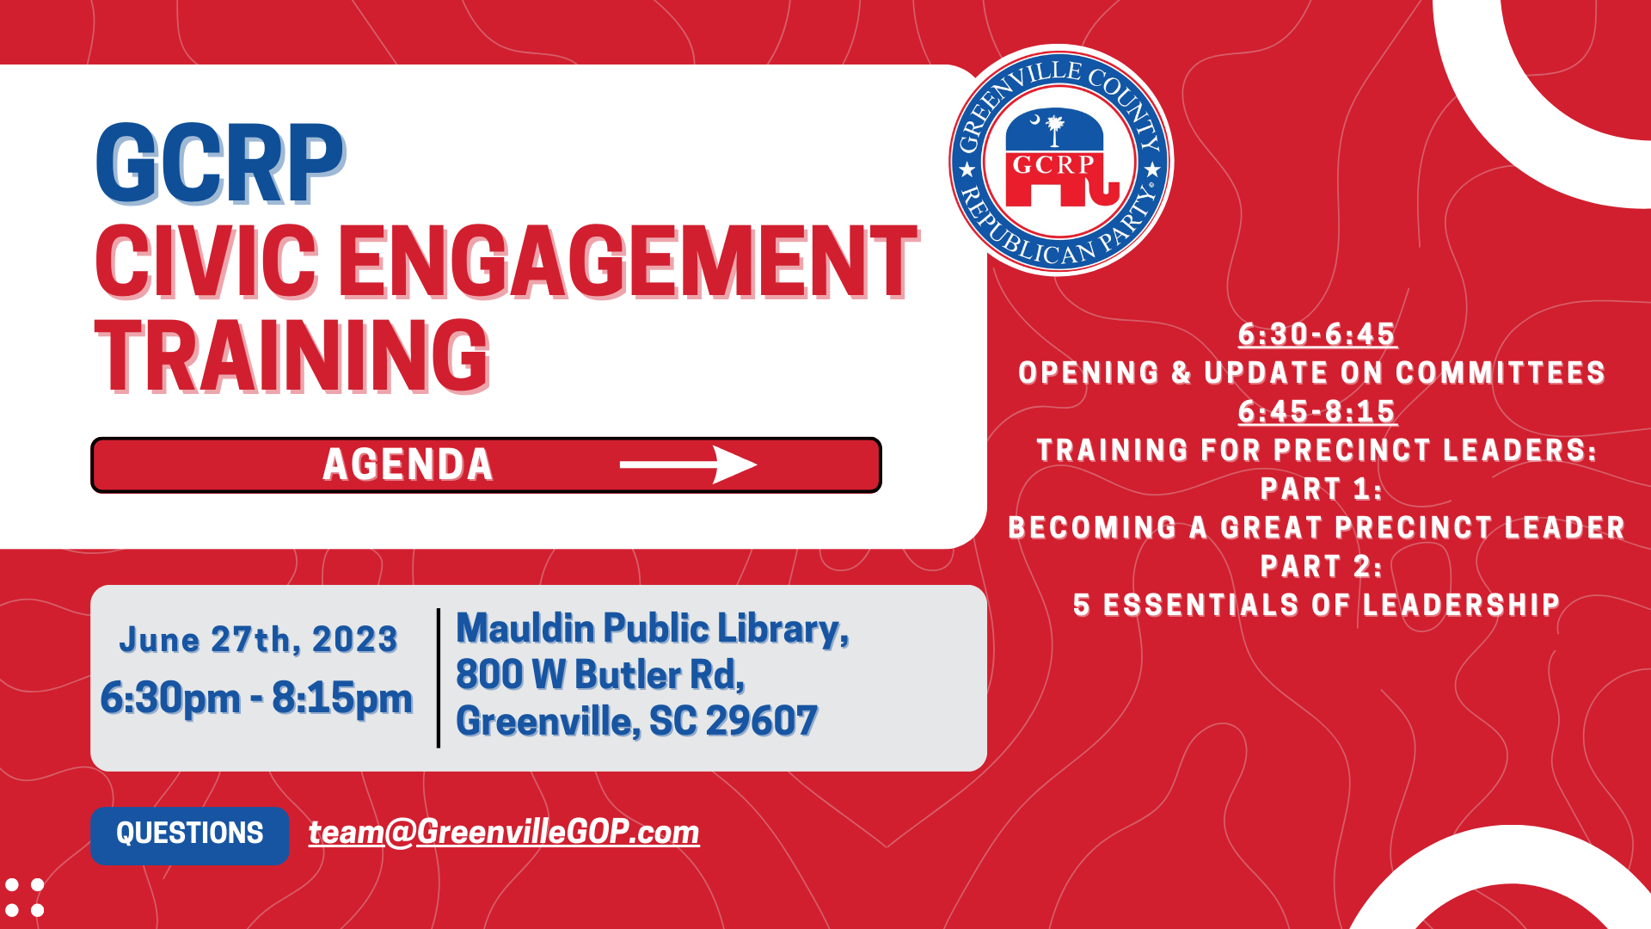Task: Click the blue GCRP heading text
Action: [x=220, y=163]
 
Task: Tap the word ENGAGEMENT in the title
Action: [x=629, y=261]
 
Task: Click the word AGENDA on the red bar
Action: [x=408, y=464]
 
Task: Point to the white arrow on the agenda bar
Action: [x=688, y=465]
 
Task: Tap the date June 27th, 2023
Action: [x=258, y=639]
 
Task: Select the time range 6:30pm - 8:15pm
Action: [x=256, y=698]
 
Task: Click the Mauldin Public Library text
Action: [x=653, y=629]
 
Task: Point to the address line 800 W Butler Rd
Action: [x=600, y=674]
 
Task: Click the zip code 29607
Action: [x=762, y=721]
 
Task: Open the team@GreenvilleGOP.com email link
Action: [x=504, y=833]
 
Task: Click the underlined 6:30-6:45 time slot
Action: [x=1317, y=334]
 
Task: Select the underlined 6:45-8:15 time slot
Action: [x=1317, y=411]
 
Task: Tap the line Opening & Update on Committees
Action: [x=1312, y=372]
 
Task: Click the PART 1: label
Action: [x=1322, y=489]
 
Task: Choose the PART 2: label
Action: [x=1322, y=566]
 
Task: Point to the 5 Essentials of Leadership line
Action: [x=1317, y=605]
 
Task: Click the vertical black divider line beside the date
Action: [x=439, y=678]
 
